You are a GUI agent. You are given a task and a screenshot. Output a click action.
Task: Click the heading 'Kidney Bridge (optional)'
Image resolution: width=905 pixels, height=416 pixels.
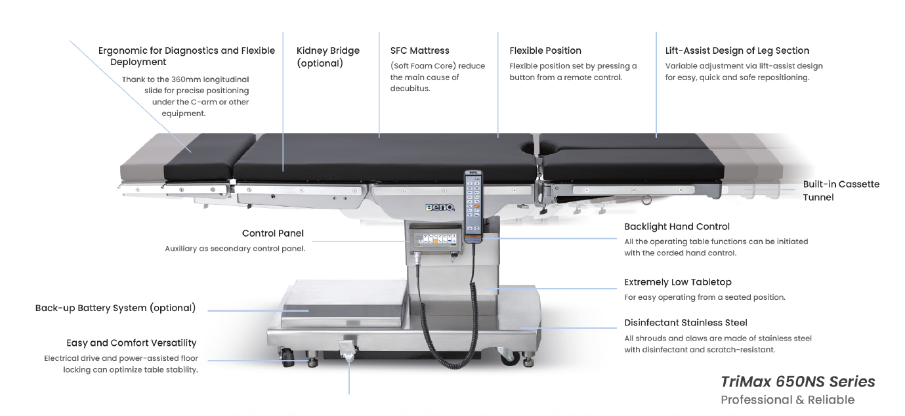pos(327,57)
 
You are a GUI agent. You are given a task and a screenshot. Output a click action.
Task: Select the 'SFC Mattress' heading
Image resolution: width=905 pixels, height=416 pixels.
pos(419,51)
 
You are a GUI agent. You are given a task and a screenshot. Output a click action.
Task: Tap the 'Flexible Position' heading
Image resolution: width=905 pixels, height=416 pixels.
pos(545,51)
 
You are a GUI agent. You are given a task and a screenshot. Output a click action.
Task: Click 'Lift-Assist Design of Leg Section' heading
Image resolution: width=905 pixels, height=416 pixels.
pos(737,51)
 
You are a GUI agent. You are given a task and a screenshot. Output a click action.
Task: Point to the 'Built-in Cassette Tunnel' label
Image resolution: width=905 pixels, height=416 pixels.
pos(841,190)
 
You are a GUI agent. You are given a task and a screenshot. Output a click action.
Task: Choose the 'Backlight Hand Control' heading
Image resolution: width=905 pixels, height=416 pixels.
pos(677,226)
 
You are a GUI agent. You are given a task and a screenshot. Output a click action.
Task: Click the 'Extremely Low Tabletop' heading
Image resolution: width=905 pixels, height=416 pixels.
pos(677,282)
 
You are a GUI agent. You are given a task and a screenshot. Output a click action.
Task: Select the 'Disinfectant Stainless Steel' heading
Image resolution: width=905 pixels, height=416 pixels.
pos(685,323)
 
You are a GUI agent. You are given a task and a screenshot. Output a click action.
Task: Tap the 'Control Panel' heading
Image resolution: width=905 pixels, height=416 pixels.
pos(272,233)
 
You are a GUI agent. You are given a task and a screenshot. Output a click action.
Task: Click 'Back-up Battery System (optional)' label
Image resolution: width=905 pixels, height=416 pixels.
pos(115,308)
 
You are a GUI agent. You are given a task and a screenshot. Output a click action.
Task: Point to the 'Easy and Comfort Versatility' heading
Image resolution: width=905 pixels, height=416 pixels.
pos(131,343)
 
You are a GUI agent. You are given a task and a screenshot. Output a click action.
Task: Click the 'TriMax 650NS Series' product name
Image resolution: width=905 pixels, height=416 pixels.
pos(797,382)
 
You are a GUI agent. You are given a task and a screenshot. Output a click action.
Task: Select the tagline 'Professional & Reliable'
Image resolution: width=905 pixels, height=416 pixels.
pos(787,400)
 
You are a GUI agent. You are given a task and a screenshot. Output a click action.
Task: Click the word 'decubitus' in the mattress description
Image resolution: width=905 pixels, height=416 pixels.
pos(410,89)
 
